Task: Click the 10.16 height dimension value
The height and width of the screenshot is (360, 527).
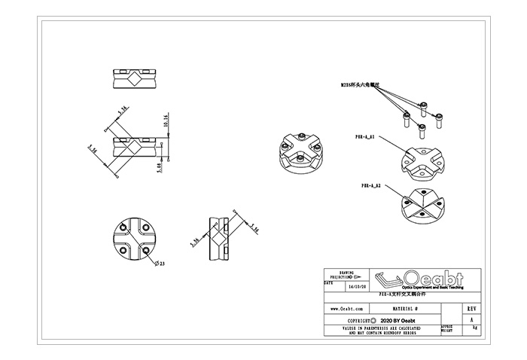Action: point(166,121)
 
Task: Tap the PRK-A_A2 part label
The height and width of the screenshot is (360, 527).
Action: point(370,185)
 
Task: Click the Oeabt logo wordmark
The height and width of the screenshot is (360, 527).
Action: point(433,276)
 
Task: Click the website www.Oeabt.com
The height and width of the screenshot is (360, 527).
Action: point(348,309)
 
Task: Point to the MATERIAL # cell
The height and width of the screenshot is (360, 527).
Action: point(410,309)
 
